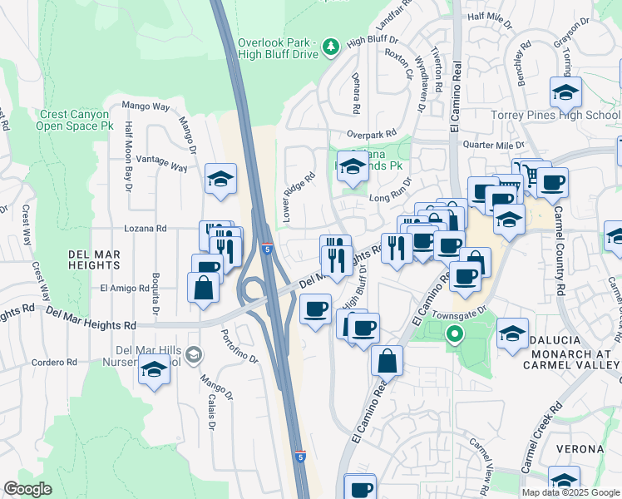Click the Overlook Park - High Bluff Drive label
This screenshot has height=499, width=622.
pos(279,48)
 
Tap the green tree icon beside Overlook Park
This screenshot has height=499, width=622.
pos(331,45)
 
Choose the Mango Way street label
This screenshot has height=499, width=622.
pos(146,106)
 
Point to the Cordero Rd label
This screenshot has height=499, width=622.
pos(54,363)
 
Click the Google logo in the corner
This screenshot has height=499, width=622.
pos(27,489)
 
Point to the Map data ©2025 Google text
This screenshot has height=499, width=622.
pos(570,492)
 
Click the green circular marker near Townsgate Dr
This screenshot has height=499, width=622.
pos(454,336)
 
